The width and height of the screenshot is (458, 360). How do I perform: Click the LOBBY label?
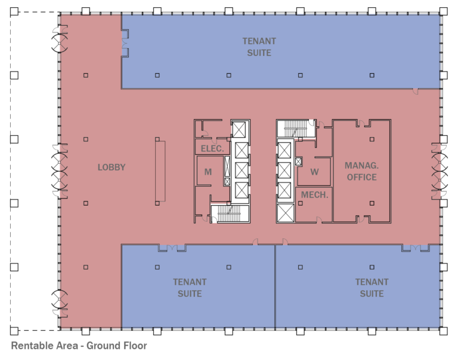pyautogui.click(x=112, y=167)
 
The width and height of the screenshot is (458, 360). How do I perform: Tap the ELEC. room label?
pyautogui.click(x=212, y=148)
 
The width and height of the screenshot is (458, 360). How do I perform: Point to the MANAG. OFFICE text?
pyautogui.click(x=361, y=171)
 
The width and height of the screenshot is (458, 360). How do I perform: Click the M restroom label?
pyautogui.click(x=208, y=172)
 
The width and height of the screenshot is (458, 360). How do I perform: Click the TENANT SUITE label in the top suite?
pyautogui.click(x=259, y=47)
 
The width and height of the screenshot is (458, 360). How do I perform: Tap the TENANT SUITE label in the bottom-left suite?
pyautogui.click(x=190, y=288)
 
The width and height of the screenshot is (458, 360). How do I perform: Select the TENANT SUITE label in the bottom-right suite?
pyautogui.click(x=372, y=288)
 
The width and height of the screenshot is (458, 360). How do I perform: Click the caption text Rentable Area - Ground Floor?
pyautogui.click(x=79, y=346)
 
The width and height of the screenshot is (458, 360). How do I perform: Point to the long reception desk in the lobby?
pyautogui.click(x=159, y=170)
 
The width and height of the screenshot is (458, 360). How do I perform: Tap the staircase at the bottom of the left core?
pyautogui.click(x=228, y=213)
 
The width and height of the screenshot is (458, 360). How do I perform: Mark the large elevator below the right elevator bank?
pyautogui.click(x=286, y=212)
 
